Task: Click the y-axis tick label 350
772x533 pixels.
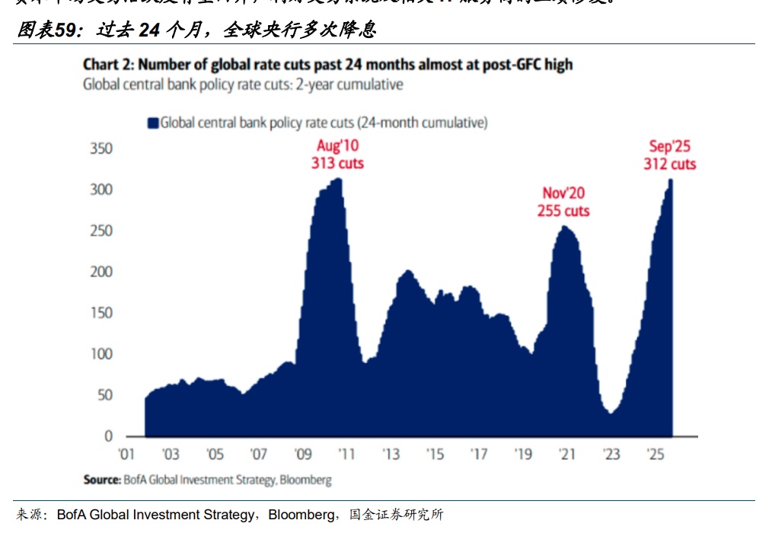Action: pyautogui.click(x=101, y=148)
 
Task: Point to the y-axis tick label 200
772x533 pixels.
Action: pyautogui.click(x=101, y=271)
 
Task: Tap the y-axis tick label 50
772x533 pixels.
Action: pyautogui.click(x=104, y=394)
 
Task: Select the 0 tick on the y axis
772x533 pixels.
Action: pyautogui.click(x=108, y=436)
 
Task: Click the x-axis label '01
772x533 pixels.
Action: pyautogui.click(x=126, y=455)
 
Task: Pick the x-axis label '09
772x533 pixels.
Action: pyautogui.click(x=303, y=455)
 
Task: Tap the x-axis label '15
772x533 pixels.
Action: pyautogui.click(x=435, y=455)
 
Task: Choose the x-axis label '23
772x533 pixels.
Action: pyautogui.click(x=611, y=455)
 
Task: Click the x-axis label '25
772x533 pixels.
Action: pyautogui.click(x=655, y=455)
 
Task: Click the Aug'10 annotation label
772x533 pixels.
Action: pyautogui.click(x=337, y=146)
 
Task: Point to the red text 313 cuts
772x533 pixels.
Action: pyautogui.click(x=337, y=163)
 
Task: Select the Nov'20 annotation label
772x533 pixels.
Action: pyautogui.click(x=563, y=193)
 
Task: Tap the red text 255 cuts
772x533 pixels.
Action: pyautogui.click(x=563, y=211)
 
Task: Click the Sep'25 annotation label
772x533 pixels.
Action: pyautogui.click(x=670, y=147)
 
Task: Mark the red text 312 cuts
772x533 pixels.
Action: pyautogui.click(x=670, y=164)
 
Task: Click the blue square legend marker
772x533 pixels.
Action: pyautogui.click(x=153, y=123)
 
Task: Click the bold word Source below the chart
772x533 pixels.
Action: pyautogui.click(x=100, y=480)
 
